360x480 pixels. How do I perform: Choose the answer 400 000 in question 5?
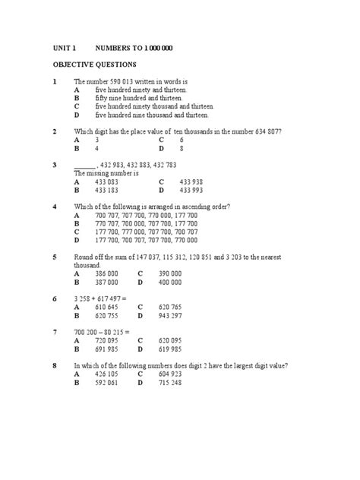point(169,281)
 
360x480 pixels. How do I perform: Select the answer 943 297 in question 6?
point(169,314)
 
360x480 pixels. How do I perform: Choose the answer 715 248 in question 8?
point(169,383)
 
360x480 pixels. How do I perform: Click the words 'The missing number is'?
point(106,173)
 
